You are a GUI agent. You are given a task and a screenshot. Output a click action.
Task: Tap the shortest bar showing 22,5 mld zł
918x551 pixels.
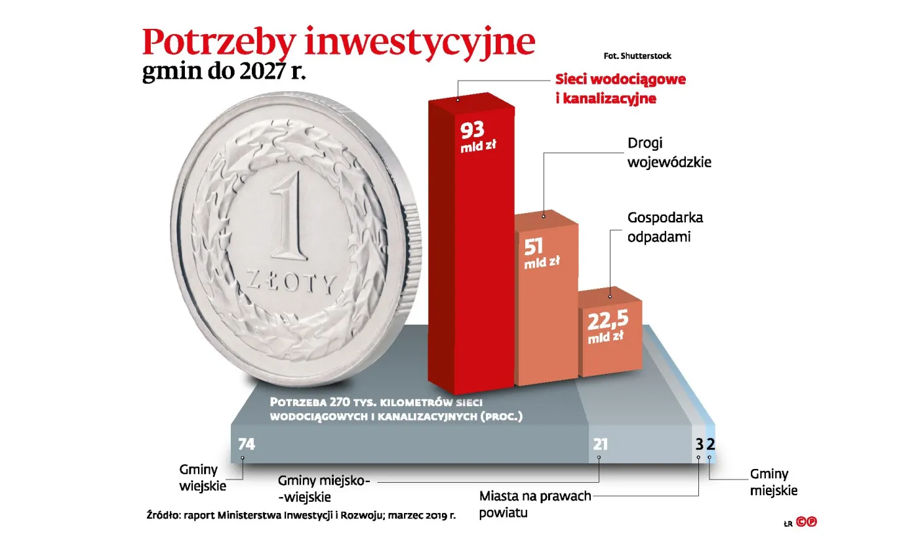(x=610, y=341)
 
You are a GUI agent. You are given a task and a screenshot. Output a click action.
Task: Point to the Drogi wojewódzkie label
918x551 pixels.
(x=669, y=152)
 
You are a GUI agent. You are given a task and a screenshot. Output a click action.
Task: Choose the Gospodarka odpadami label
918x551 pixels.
(x=665, y=227)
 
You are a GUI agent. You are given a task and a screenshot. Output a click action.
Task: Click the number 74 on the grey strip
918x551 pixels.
(x=247, y=444)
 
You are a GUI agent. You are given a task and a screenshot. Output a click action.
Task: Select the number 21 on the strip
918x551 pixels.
(x=601, y=444)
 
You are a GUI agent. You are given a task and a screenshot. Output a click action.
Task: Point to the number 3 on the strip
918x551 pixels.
(x=699, y=444)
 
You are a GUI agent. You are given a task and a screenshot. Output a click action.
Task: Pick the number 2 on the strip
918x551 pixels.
(x=709, y=444)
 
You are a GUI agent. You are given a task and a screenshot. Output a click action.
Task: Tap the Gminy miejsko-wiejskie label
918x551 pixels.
(x=325, y=489)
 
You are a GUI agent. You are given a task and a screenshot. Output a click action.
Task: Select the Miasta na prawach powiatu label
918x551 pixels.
(x=535, y=504)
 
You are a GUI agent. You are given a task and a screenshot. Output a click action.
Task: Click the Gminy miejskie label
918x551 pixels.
(x=774, y=482)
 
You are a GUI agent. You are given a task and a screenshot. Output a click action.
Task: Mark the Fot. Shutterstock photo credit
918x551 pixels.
(x=637, y=56)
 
